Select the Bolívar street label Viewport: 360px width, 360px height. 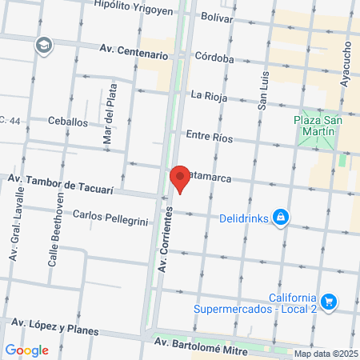tap(217, 16)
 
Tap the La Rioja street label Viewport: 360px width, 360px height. tap(209, 96)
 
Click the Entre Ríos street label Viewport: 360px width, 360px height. tap(208, 138)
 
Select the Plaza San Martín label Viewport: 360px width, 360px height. tap(318, 126)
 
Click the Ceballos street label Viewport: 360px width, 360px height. tap(67, 122)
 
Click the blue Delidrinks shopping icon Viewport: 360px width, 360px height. tap(280, 217)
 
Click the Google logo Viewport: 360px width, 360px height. tap(26, 350)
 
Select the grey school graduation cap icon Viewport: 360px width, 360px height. tap(42, 46)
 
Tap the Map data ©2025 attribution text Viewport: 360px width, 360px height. tap(326, 354)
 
